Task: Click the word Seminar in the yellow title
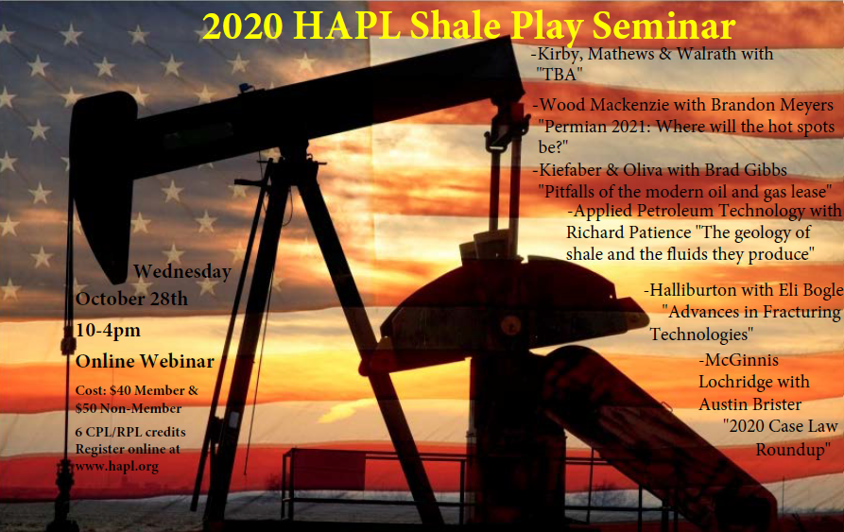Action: click(663, 26)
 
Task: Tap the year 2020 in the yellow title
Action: click(243, 26)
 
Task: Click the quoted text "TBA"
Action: click(560, 75)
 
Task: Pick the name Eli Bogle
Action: click(806, 290)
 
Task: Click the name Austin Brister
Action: click(749, 404)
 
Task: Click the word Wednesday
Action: click(182, 271)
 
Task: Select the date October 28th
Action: click(132, 299)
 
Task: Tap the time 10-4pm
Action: click(108, 331)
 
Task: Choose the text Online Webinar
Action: click(145, 361)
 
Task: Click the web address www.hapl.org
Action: click(117, 467)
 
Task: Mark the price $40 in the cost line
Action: click(120, 390)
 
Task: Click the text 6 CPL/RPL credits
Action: click(130, 432)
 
